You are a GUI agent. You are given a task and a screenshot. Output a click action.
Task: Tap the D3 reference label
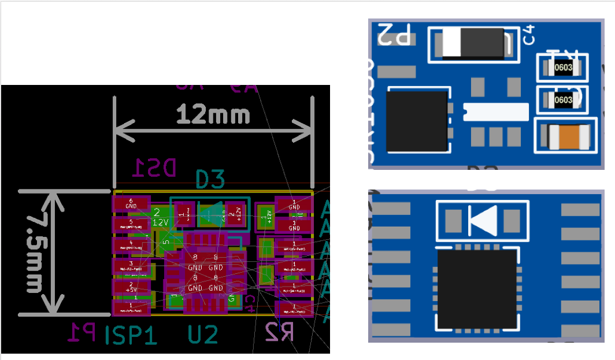210,179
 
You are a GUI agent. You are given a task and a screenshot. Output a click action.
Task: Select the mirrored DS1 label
154,168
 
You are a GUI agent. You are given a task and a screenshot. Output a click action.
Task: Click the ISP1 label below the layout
131,335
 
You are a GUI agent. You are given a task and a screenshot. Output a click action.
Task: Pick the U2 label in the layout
202,335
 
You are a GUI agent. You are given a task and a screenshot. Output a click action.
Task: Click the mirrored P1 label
81,333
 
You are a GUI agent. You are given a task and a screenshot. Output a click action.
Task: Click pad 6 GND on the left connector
131,203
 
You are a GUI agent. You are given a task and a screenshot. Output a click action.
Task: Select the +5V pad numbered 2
131,287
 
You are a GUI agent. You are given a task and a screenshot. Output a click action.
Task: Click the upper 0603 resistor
563,68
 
